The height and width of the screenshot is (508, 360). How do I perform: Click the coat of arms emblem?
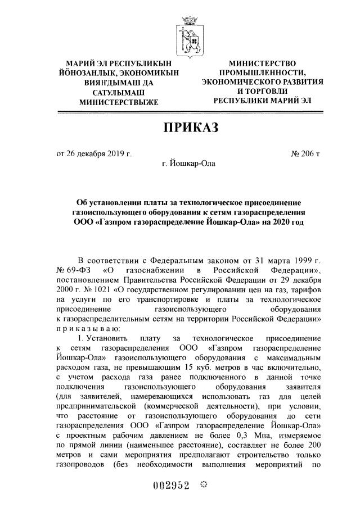[x=187, y=35]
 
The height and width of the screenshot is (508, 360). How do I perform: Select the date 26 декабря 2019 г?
[x=96, y=153]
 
